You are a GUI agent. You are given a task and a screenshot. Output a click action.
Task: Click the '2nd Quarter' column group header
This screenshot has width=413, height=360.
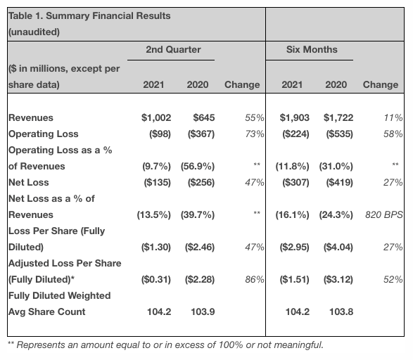173,50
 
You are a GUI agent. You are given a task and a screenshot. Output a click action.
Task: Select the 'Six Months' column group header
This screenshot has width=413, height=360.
312,50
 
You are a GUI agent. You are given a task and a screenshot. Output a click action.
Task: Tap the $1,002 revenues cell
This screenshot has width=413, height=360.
157,117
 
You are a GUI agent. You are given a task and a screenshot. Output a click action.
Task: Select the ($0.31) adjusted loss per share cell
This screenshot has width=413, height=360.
153,279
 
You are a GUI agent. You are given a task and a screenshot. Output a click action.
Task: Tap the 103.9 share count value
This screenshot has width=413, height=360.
203,311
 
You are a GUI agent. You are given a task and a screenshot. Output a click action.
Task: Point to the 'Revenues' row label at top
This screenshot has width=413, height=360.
30,117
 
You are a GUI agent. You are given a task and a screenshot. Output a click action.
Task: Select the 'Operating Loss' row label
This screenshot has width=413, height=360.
43,134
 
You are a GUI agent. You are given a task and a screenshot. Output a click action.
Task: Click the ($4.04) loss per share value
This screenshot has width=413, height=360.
337,247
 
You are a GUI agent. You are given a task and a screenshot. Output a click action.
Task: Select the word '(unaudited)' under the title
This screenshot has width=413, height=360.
34,32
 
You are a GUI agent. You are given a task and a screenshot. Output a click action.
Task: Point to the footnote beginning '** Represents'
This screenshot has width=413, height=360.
165,345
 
